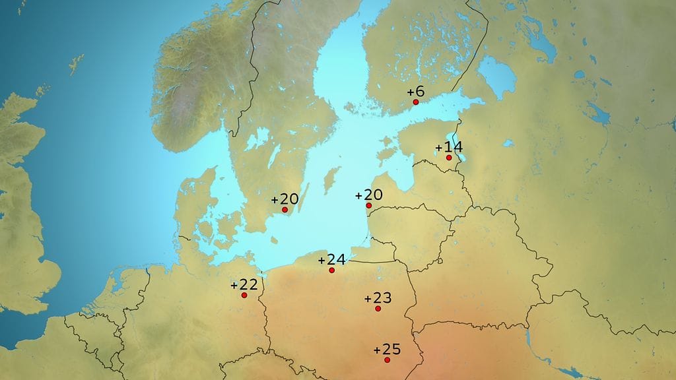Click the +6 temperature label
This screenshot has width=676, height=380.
coord(415,92)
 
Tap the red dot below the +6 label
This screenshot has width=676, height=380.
coord(416,102)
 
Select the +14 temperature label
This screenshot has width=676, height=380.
coord(448,147)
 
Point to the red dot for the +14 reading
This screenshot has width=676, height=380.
coord(449,158)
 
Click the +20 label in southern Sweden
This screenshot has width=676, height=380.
coord(285,199)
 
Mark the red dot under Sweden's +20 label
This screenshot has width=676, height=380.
coord(285,210)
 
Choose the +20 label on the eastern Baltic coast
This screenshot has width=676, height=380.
coord(368,195)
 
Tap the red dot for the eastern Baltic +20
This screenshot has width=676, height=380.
coord(369,206)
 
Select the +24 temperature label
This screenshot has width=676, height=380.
coord(331,260)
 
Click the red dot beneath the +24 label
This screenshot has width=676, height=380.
coord(332,270)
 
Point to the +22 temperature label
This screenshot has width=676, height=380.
coord(244,285)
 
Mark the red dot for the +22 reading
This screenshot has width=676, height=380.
coord(244,295)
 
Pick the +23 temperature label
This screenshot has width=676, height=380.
coord(378,298)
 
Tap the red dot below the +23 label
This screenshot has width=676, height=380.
coord(378,309)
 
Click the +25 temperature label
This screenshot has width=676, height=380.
coord(386,349)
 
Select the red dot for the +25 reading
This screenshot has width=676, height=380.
coord(387,360)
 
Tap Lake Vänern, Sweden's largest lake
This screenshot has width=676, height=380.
coord(260,139)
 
